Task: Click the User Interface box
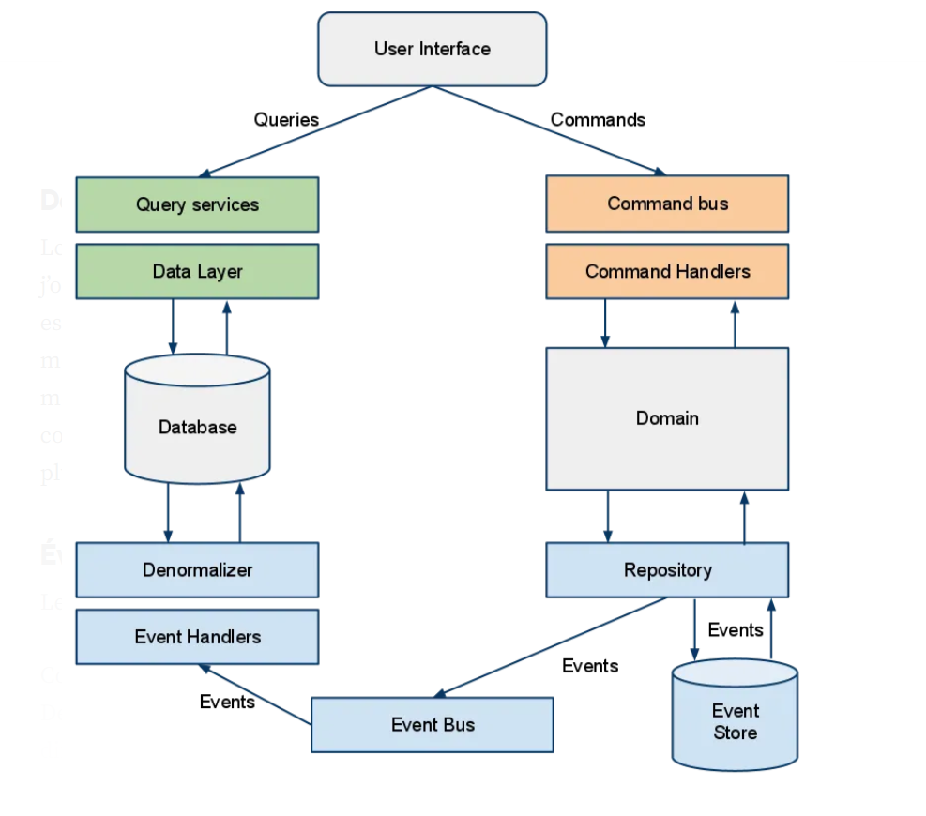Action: [432, 49]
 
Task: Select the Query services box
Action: [197, 204]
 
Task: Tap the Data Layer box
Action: [197, 272]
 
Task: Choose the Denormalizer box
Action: [197, 569]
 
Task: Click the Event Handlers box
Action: [197, 637]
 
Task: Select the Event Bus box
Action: [432, 724]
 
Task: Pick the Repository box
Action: [667, 569]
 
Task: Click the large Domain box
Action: [667, 418]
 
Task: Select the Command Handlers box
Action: [667, 272]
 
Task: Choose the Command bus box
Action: [667, 204]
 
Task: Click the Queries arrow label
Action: [286, 120]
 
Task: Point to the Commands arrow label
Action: [598, 120]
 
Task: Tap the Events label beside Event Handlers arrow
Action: [227, 702]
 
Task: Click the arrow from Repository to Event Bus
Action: [549, 647]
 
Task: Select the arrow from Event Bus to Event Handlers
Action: [255, 695]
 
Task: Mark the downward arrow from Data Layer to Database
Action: [173, 326]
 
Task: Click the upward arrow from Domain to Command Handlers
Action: [735, 325]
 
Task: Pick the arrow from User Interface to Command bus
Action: [549, 130]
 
